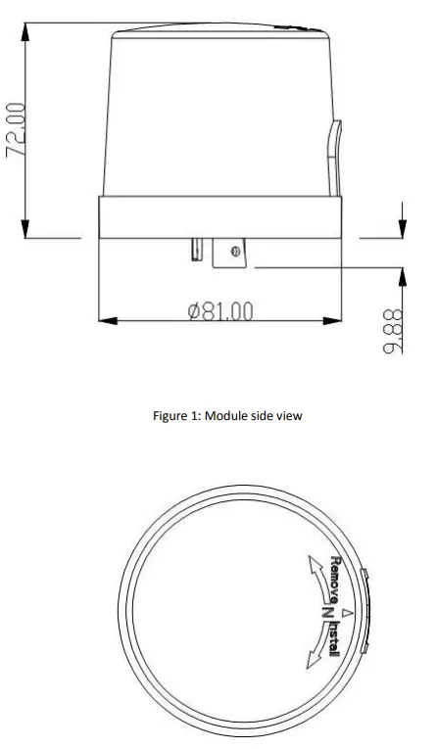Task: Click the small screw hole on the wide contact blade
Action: tap(235, 253)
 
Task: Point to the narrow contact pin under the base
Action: tap(195, 250)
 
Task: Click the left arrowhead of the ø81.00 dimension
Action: tap(108, 319)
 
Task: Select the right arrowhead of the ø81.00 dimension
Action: tap(332, 319)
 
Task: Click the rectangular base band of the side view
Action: tap(220, 215)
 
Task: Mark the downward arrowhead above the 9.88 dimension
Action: tap(402, 228)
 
